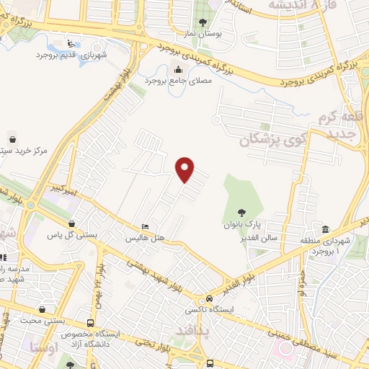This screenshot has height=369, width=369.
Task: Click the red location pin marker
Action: click(x=186, y=169)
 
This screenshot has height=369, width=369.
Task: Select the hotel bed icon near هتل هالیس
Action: click(x=146, y=226)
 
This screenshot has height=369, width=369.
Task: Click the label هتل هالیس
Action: click(x=146, y=237)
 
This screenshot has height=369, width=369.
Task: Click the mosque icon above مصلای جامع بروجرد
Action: click(x=179, y=69)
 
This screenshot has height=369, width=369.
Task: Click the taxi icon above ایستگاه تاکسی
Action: click(x=209, y=298)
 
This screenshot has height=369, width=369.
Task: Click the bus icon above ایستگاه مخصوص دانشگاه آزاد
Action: click(x=90, y=323)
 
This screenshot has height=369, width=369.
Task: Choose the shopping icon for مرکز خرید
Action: click(x=12, y=139)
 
